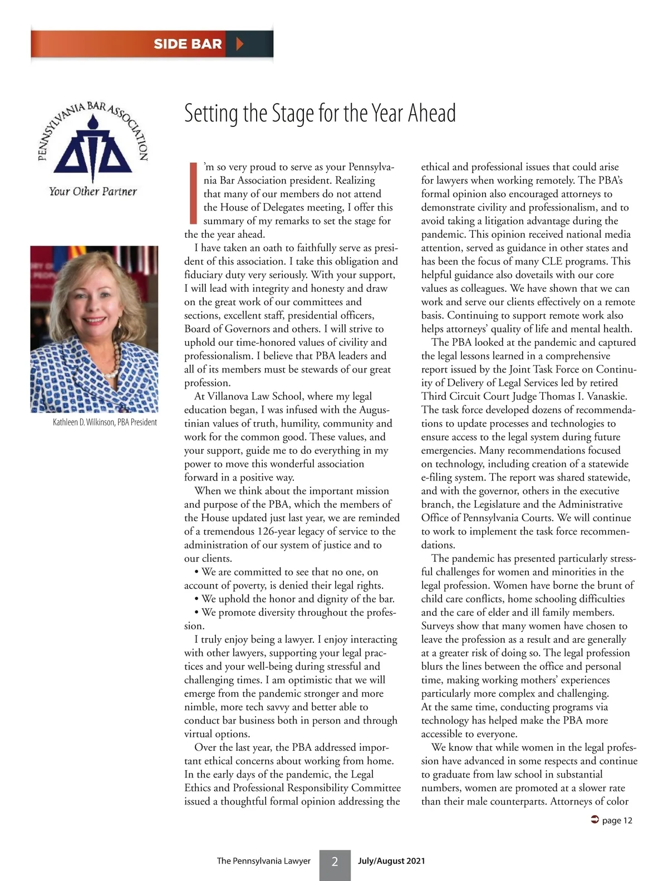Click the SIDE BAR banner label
[x=188, y=44]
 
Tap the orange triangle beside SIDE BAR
[x=240, y=44]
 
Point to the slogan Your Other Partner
[x=92, y=192]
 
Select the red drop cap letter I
[x=193, y=193]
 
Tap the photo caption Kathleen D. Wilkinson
[x=105, y=422]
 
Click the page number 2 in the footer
[x=335, y=862]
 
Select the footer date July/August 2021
[x=391, y=861]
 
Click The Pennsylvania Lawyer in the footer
[x=263, y=861]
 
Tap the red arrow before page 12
[x=594, y=820]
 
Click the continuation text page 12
[x=617, y=820]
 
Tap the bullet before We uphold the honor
[x=197, y=599]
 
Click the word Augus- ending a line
[x=374, y=410]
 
